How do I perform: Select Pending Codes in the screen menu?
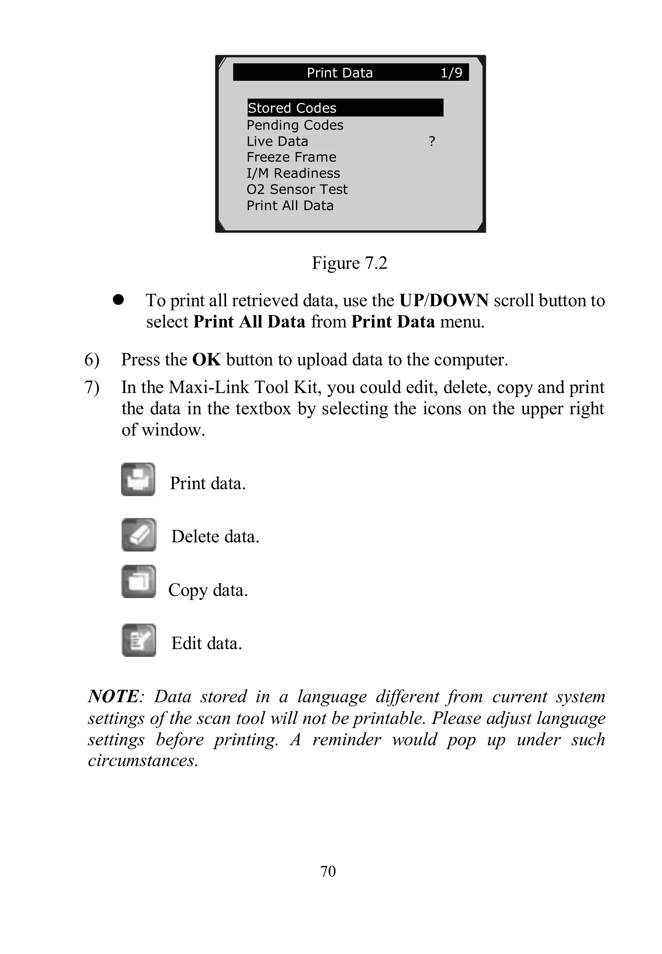click(x=295, y=125)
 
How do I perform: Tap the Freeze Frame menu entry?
click(x=291, y=157)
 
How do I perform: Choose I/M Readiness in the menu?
click(x=293, y=173)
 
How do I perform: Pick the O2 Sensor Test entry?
click(x=297, y=189)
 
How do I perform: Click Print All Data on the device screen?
click(x=290, y=205)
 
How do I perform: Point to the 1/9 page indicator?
click(x=451, y=72)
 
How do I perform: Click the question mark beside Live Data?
click(x=432, y=141)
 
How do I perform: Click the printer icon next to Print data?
click(x=138, y=480)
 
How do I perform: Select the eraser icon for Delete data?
click(x=139, y=535)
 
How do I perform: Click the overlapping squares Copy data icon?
click(x=139, y=581)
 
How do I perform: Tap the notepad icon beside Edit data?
click(x=139, y=640)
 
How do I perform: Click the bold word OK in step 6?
click(x=206, y=360)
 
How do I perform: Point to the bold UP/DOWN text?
click(x=443, y=301)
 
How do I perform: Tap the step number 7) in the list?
click(x=92, y=387)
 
